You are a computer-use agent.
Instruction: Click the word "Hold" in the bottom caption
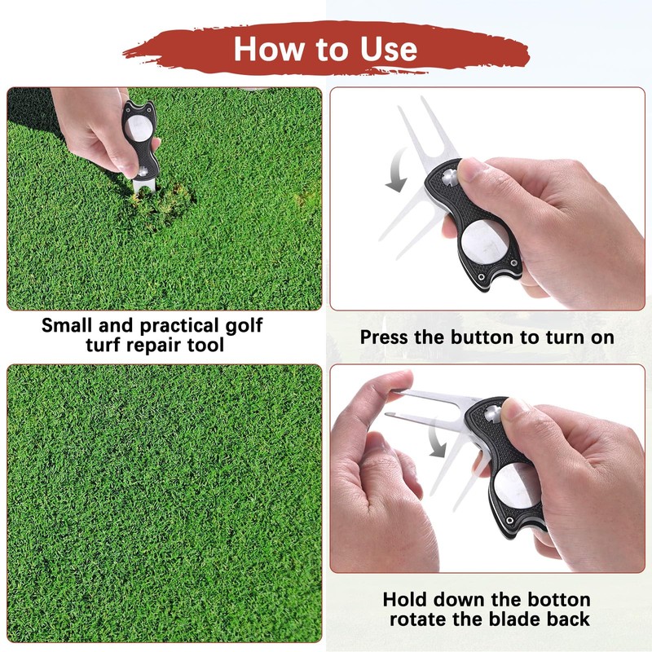405,600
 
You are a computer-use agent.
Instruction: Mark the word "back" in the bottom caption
566,619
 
